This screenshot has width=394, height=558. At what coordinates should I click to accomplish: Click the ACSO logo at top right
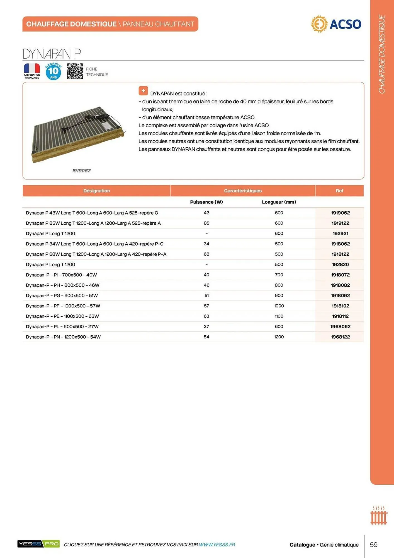click(336, 24)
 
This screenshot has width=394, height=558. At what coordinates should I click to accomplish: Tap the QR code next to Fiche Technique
click(75, 71)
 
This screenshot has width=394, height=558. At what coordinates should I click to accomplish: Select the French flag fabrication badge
click(32, 71)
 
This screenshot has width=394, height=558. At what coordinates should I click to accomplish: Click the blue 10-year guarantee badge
click(53, 71)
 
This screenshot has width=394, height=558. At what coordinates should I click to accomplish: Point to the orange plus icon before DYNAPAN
click(143, 91)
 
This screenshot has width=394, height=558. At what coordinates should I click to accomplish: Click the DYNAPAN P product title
click(52, 54)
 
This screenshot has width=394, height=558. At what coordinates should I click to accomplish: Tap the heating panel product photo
click(78, 134)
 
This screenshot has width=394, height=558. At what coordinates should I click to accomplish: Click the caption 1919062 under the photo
click(81, 171)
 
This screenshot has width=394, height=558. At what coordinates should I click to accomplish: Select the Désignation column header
click(96, 191)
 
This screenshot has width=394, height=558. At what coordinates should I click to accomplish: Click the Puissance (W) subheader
click(206, 202)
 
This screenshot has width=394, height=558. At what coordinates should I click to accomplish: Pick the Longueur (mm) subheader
click(279, 202)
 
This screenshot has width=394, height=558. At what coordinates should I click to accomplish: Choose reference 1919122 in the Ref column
click(340, 223)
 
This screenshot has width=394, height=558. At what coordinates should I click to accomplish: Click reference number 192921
click(340, 234)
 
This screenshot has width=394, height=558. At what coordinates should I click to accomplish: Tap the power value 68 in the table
click(206, 254)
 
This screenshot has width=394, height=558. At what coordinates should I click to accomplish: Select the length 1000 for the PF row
click(279, 306)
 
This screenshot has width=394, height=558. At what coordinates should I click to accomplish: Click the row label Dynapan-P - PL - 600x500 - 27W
click(62, 326)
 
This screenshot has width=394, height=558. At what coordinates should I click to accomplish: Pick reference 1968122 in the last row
click(340, 337)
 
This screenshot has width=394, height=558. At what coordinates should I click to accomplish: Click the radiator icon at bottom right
click(379, 516)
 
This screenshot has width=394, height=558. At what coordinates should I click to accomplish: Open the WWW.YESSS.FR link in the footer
click(217, 545)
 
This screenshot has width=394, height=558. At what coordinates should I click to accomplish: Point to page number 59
click(373, 545)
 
